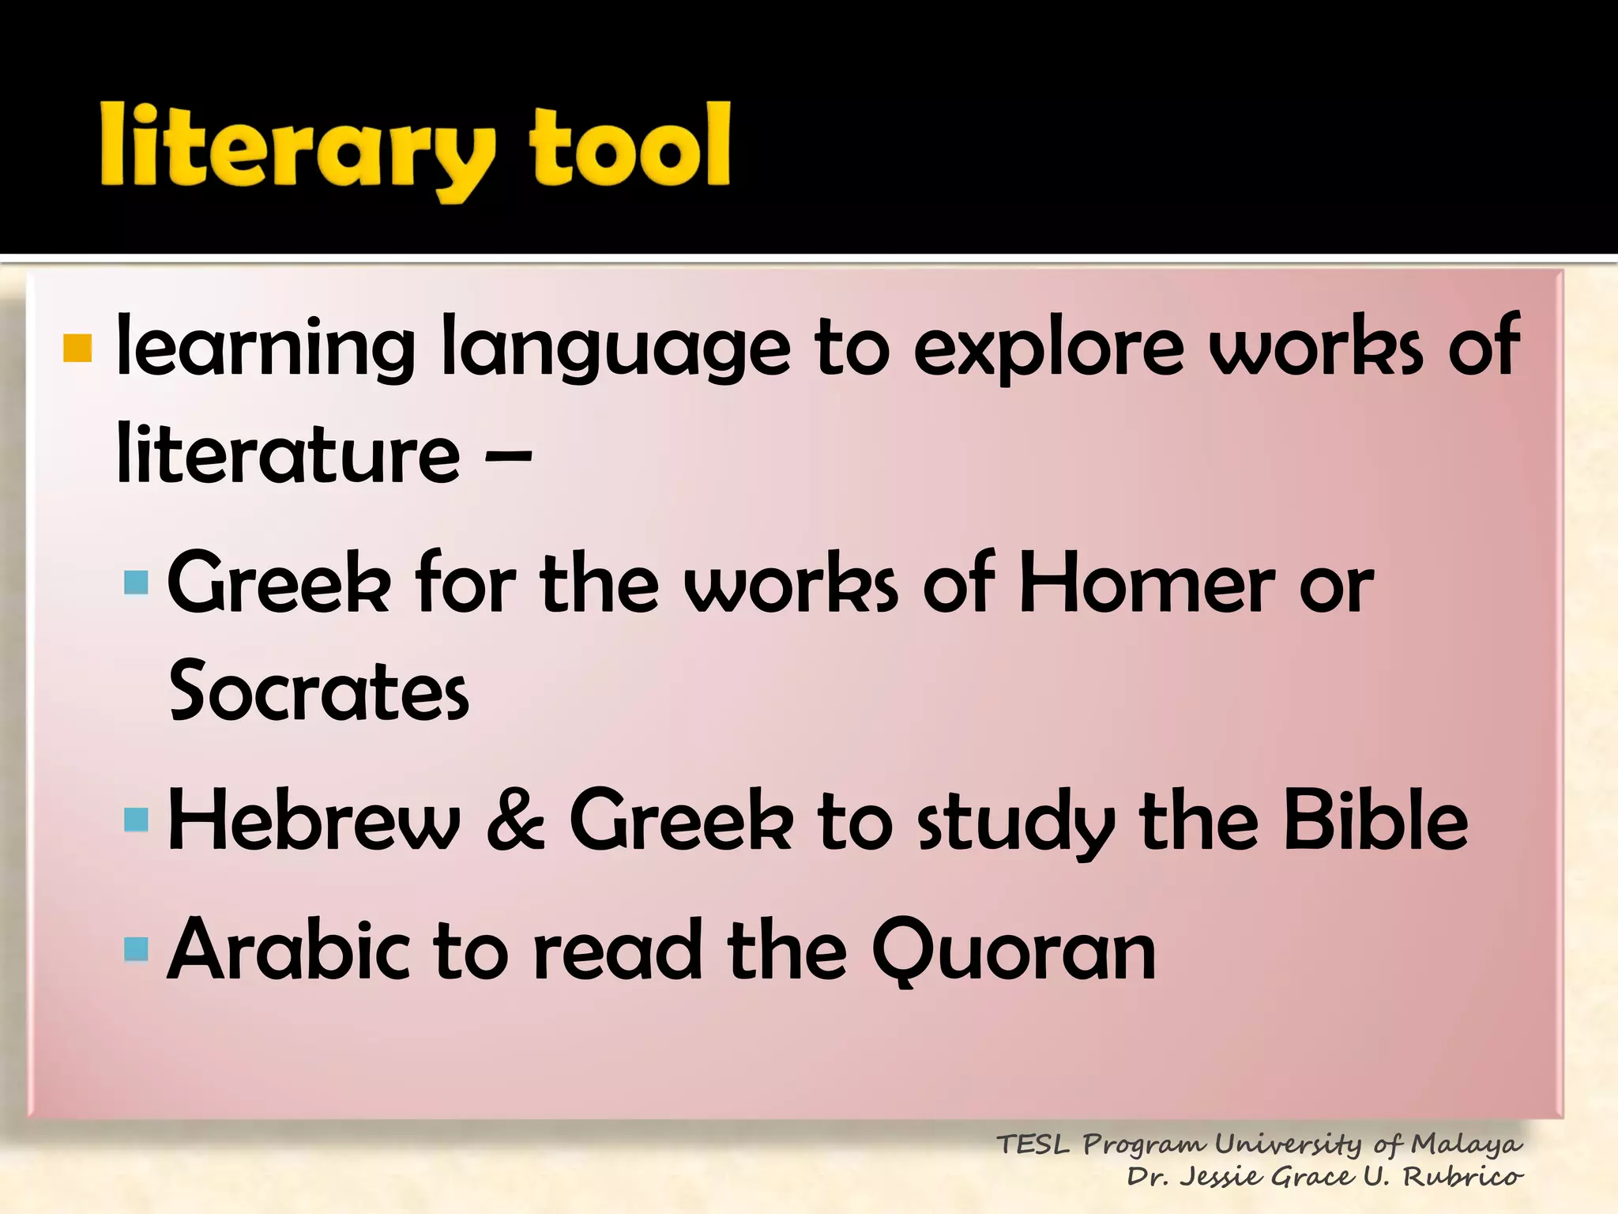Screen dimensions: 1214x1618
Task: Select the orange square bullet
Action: click(x=77, y=348)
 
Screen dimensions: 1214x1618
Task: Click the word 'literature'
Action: click(x=288, y=454)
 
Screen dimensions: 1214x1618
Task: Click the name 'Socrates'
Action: click(x=319, y=691)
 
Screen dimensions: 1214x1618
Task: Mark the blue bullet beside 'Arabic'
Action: click(x=136, y=948)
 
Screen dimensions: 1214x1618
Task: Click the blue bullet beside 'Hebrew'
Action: click(x=136, y=820)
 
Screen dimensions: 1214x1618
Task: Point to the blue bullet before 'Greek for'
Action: click(x=136, y=582)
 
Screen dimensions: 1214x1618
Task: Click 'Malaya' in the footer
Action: click(x=1466, y=1144)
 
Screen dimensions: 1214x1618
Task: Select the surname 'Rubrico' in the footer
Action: click(x=1462, y=1177)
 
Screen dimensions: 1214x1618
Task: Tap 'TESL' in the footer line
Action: click(x=1033, y=1144)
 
